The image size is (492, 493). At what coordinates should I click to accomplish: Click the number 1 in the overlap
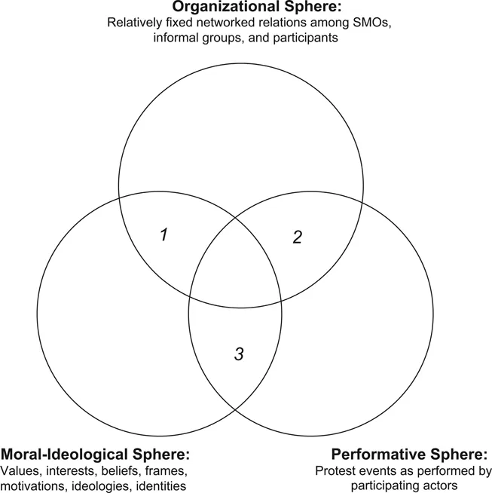pyautogui.click(x=163, y=234)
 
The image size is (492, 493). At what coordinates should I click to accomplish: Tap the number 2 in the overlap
pyautogui.click(x=297, y=237)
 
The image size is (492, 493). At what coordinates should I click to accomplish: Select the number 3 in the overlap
pyautogui.click(x=238, y=354)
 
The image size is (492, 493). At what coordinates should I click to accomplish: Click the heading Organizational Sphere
pyautogui.click(x=247, y=8)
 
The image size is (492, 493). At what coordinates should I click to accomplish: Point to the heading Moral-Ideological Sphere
pyautogui.click(x=96, y=455)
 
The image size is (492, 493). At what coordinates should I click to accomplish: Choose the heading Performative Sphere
pyautogui.click(x=410, y=455)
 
